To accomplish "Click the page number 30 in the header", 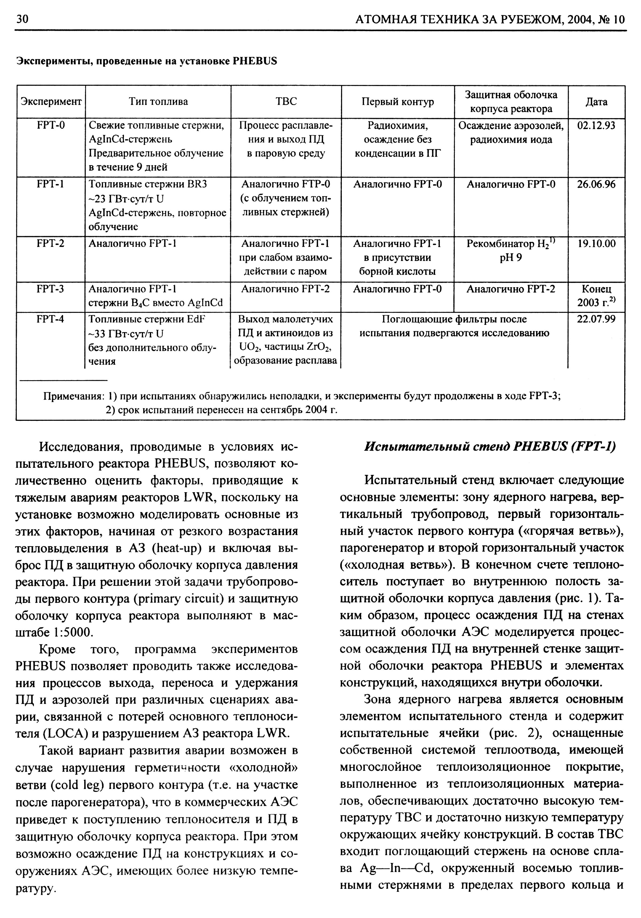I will pyautogui.click(x=22, y=20).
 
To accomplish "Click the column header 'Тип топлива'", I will pyautogui.click(x=158, y=102).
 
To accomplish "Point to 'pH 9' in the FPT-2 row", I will pyautogui.click(x=511, y=258).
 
